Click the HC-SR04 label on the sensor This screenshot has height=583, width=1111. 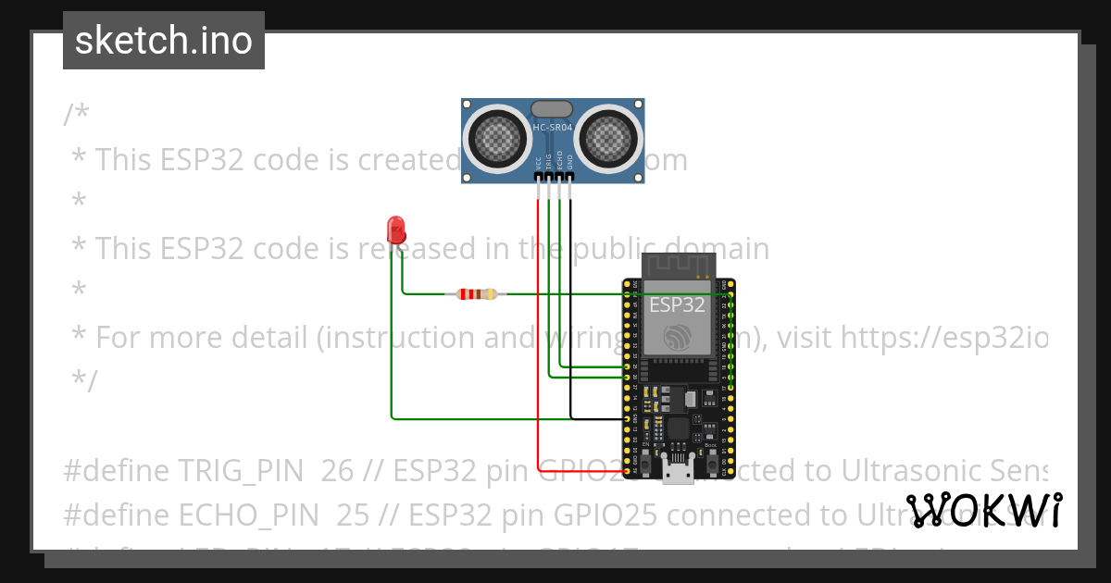[x=552, y=127]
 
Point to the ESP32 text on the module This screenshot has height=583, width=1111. [x=679, y=305]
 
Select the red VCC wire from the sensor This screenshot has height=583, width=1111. [x=538, y=333]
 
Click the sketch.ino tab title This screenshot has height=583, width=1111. [x=164, y=41]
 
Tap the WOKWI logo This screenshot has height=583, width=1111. [x=984, y=510]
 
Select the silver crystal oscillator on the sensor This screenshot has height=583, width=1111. [x=552, y=109]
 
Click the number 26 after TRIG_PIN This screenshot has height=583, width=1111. [x=338, y=471]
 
